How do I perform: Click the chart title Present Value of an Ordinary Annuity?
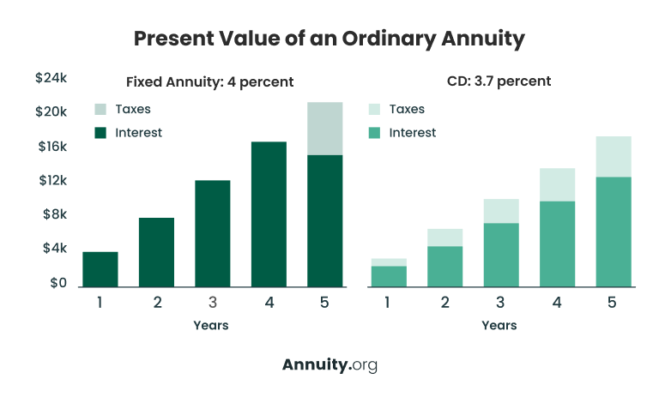(329, 39)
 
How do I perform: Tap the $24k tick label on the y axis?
(51, 78)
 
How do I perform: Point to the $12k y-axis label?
(51, 181)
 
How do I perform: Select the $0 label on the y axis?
(56, 283)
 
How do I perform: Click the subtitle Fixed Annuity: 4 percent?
(209, 82)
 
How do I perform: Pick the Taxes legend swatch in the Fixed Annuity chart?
(101, 109)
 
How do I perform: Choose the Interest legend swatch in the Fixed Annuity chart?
(101, 132)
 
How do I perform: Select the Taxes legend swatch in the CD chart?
(376, 109)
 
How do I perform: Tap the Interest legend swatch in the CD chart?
(376, 132)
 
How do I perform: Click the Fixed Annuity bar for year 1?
(100, 269)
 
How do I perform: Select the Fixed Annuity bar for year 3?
(213, 233)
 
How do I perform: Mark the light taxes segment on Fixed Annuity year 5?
(325, 129)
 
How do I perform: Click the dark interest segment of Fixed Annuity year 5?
(325, 220)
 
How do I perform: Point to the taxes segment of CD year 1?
(389, 262)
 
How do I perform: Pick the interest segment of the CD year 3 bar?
(501, 255)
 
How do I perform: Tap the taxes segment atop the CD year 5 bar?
(614, 157)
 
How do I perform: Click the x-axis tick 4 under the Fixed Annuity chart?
(269, 302)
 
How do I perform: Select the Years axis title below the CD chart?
(499, 325)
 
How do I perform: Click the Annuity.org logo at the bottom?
(329, 364)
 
